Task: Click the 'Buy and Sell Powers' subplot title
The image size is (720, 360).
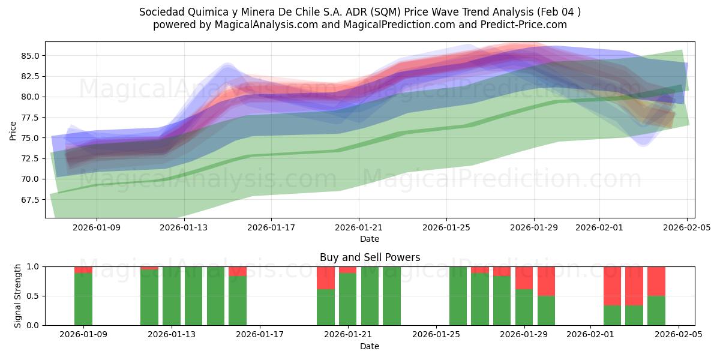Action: click(370, 257)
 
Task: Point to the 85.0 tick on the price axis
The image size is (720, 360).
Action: click(29, 56)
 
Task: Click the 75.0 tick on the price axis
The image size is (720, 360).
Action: click(29, 138)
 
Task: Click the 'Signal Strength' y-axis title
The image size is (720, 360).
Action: click(18, 296)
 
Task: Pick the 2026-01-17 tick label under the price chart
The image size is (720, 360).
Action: click(271, 227)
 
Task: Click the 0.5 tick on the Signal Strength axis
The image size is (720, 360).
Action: click(32, 296)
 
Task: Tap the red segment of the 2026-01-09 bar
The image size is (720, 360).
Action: click(83, 269)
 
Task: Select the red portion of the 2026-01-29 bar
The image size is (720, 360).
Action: click(524, 278)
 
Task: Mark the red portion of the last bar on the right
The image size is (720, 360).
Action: click(656, 281)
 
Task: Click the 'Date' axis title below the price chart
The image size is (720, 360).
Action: click(370, 239)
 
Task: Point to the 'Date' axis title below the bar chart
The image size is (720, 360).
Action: click(370, 346)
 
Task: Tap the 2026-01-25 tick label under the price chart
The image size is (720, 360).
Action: click(446, 227)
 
